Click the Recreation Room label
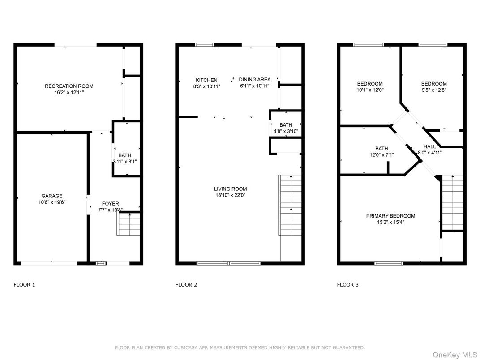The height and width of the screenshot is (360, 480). (69, 86)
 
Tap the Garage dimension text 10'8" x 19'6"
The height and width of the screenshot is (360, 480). (52, 202)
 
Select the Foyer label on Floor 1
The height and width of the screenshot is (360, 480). (110, 204)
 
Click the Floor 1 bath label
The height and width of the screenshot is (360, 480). (124, 155)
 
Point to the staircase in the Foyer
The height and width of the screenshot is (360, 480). (128, 224)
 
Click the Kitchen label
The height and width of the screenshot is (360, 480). (206, 80)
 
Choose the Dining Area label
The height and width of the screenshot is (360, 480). (255, 80)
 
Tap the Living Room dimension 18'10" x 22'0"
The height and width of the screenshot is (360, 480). (230, 195)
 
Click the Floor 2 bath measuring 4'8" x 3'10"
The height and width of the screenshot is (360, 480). (286, 125)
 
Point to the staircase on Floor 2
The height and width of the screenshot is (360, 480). (290, 205)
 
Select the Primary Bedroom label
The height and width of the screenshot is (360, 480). (390, 216)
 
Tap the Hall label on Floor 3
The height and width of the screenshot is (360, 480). (429, 146)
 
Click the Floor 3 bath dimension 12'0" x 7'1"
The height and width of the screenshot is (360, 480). (381, 155)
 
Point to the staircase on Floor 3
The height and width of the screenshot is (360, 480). (453, 202)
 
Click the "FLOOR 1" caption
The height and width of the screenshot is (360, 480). (24, 285)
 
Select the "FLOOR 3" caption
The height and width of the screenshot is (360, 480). (347, 285)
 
